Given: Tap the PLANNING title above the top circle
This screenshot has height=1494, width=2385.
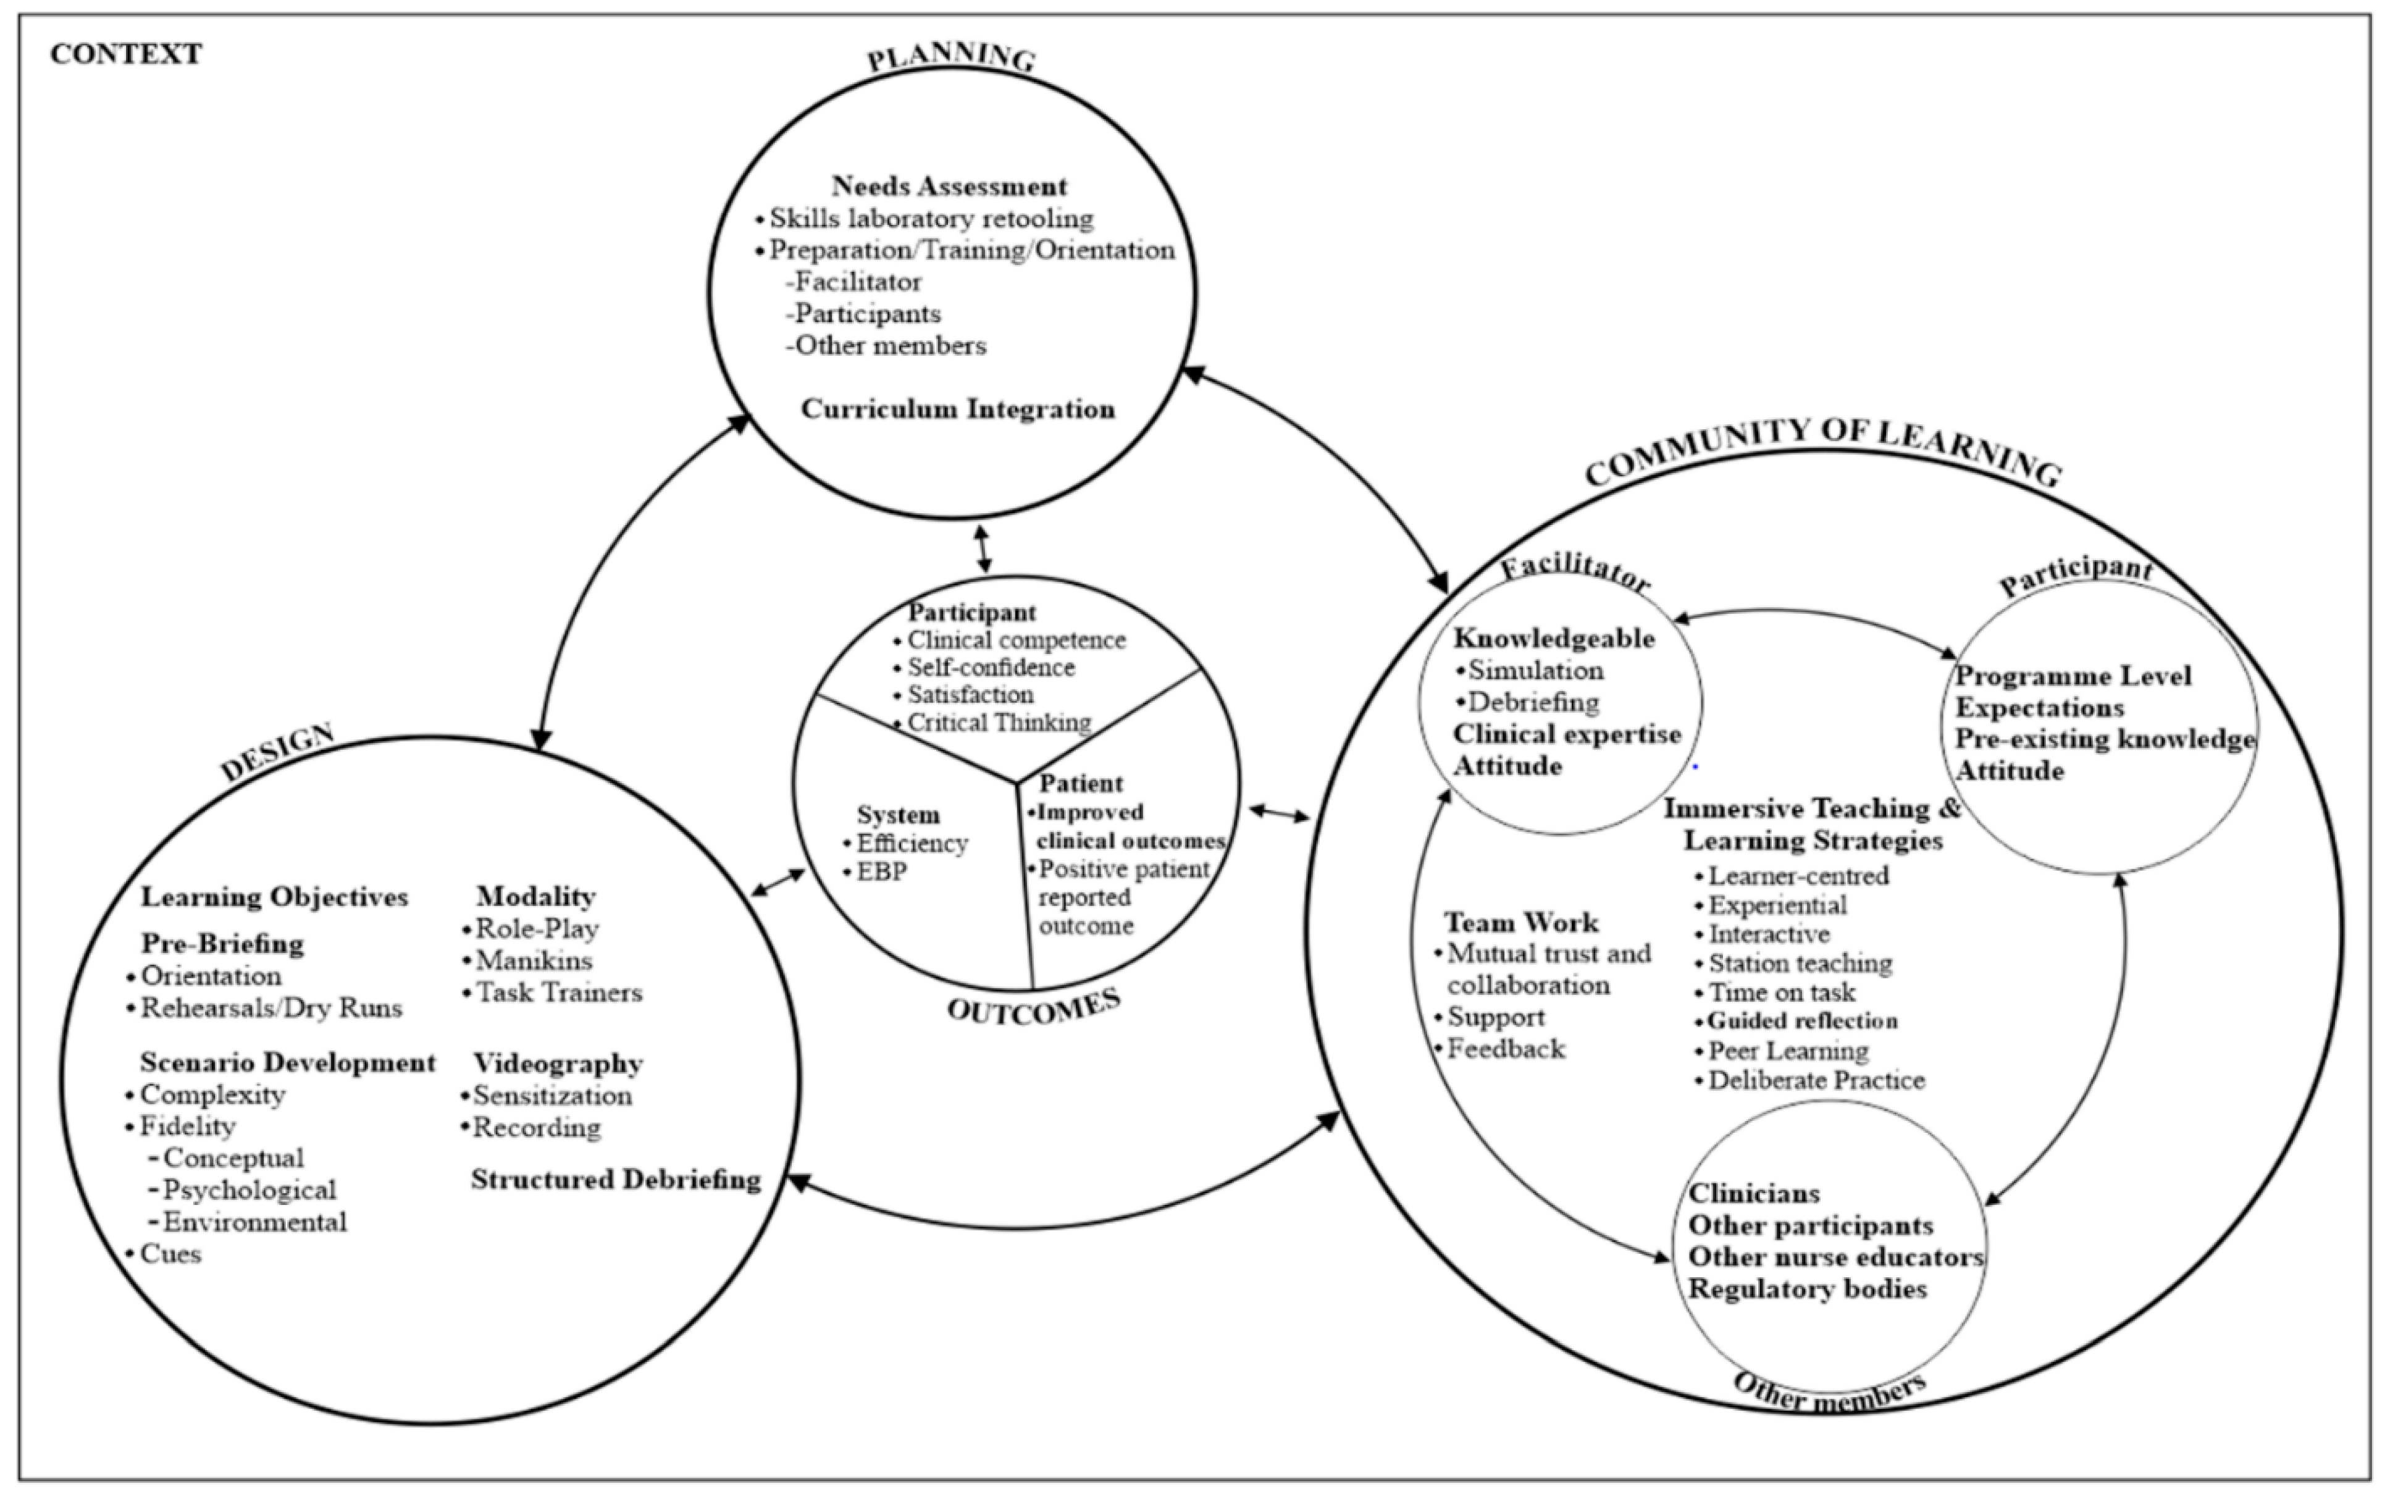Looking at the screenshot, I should [x=952, y=57].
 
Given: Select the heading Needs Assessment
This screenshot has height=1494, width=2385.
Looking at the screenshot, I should [x=949, y=186].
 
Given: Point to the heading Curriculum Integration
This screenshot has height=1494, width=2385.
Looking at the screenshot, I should [x=957, y=409].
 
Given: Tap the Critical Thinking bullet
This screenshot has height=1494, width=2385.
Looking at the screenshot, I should [x=999, y=723].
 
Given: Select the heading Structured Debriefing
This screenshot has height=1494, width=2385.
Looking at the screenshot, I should [x=616, y=1179].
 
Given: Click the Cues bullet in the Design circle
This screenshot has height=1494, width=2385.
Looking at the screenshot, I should [x=170, y=1254].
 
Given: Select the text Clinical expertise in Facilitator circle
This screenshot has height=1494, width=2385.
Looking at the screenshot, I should [x=1566, y=734].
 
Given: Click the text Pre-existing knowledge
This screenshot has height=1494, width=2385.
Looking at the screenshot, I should [x=2105, y=739].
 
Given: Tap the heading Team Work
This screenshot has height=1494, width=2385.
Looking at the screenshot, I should [x=1520, y=922].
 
